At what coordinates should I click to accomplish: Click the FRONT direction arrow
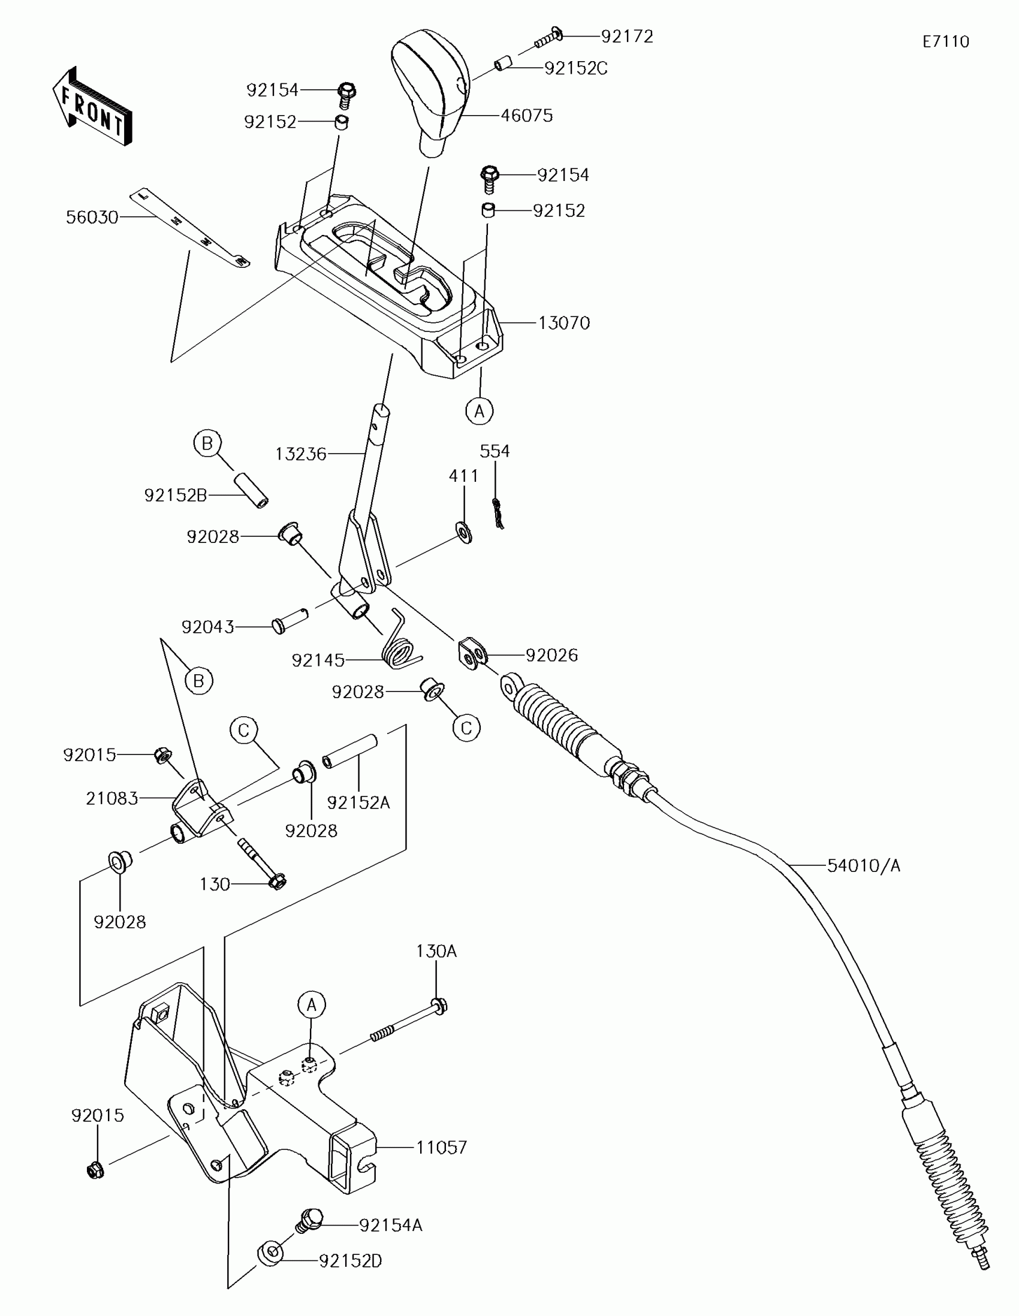[x=92, y=107]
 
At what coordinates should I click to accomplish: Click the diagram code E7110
[x=945, y=41]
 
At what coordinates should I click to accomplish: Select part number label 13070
[x=563, y=323]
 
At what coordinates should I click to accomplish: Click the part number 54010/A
[x=863, y=866]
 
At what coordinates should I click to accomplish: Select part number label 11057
[x=441, y=1147]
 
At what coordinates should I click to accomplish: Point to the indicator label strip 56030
[x=190, y=228]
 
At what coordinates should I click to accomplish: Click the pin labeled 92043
[x=290, y=621]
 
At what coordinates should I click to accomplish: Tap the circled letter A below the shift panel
[x=479, y=411]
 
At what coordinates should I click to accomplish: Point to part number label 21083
[x=112, y=798]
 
